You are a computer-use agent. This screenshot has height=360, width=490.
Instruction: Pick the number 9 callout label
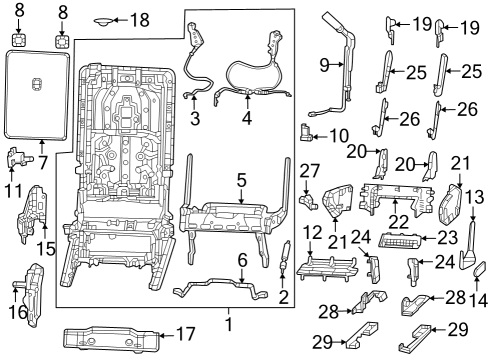click(325, 65)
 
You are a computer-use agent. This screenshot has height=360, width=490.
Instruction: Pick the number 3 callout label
click(195, 119)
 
